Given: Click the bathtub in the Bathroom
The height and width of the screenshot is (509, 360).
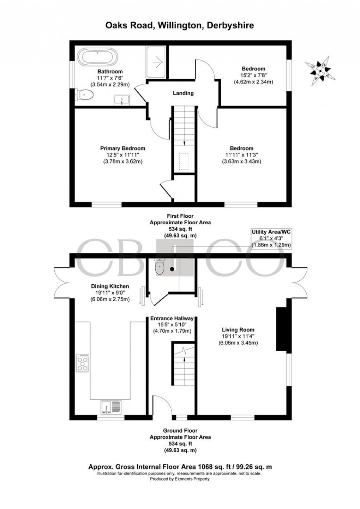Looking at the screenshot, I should click(97, 57).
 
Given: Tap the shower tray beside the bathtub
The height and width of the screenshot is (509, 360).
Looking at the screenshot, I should click(156, 62).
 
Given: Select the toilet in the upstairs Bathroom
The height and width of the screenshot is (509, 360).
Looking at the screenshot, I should click(85, 95).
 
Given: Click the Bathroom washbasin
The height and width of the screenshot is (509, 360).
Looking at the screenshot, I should click(121, 100).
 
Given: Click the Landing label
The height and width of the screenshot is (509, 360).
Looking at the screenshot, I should click(183, 93).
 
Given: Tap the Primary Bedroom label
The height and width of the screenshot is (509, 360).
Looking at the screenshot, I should click(122, 149).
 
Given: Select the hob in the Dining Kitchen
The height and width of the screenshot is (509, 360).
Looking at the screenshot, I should click(82, 362).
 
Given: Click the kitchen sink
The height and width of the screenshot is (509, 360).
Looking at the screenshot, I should click(111, 406).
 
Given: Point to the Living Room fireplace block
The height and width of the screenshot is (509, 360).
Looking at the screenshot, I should click(281, 330).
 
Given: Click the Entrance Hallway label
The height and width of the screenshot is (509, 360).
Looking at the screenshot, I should click(172, 318).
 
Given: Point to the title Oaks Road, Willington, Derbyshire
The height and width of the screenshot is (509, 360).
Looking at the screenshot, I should click(180, 25).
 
